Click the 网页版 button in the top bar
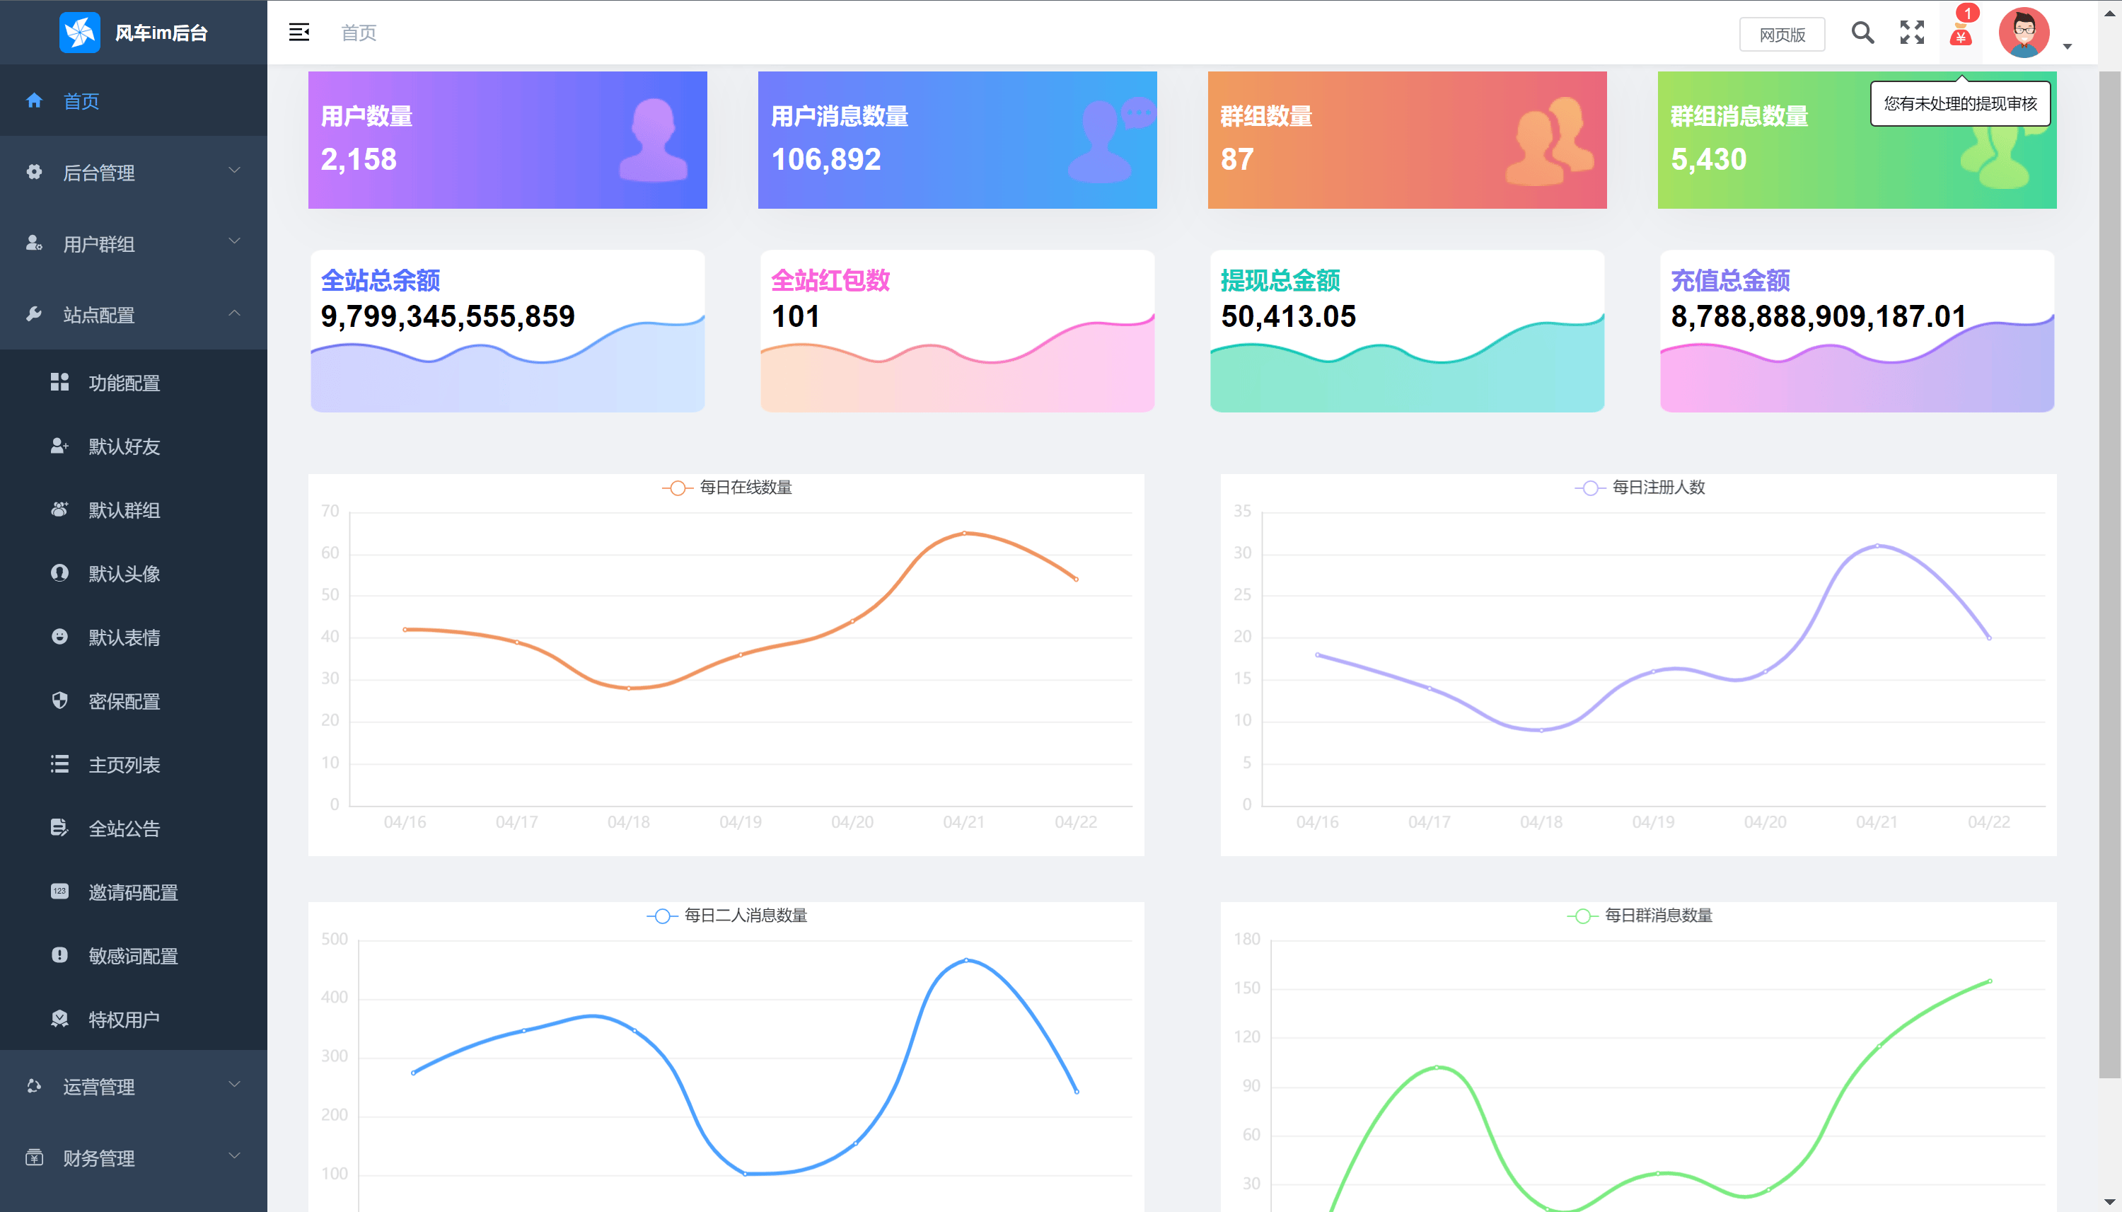tap(1782, 34)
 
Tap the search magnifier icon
tap(1862, 33)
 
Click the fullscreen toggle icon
tap(1911, 33)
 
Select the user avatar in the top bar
tap(2024, 33)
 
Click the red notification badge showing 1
tap(1967, 13)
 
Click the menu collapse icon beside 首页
tap(298, 33)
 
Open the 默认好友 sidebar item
tap(124, 447)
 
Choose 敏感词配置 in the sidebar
tap(133, 957)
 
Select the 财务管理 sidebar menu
tap(99, 1158)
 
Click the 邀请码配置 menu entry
tap(133, 892)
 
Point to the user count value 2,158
tap(359, 159)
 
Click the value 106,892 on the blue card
tap(825, 159)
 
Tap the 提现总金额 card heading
tap(1280, 280)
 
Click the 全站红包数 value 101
tap(795, 316)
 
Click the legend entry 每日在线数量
tap(745, 487)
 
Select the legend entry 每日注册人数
tap(1658, 487)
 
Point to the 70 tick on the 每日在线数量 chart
tap(330, 511)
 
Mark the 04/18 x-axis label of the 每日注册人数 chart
tap(1541, 822)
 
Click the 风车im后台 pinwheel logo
tap(80, 33)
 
